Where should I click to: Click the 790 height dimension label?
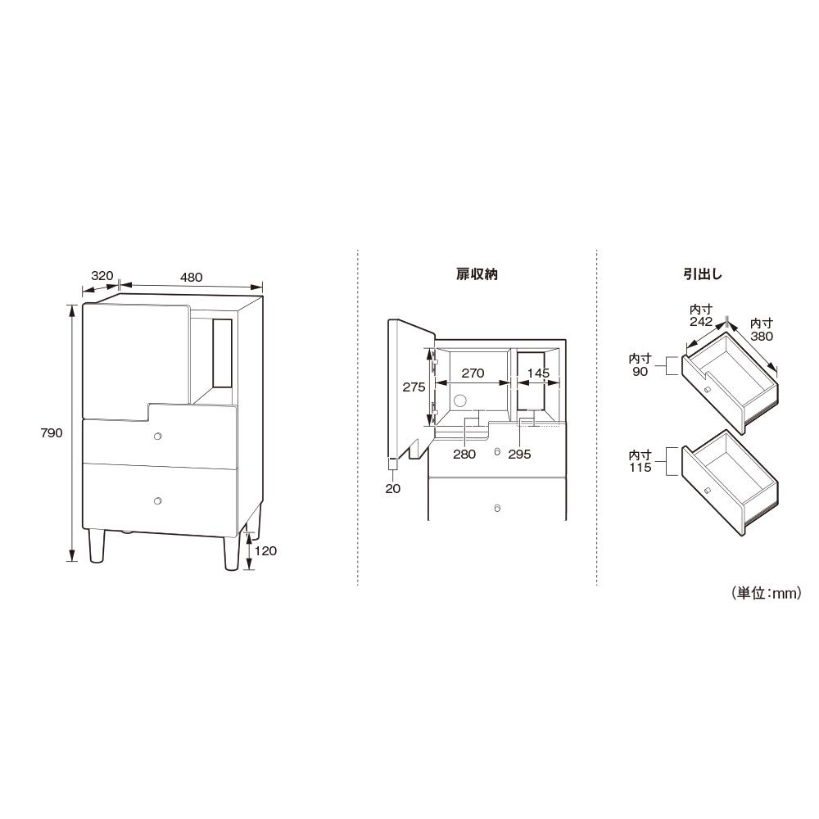click(51, 432)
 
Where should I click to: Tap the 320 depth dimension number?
click(102, 275)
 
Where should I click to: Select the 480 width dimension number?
click(191, 278)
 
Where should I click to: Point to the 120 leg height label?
click(265, 550)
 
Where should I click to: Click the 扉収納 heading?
click(477, 274)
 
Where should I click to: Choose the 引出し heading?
click(703, 274)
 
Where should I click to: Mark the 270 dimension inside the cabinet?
click(473, 373)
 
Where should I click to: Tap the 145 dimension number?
click(538, 373)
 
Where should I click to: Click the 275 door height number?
click(414, 387)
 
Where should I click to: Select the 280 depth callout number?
click(464, 454)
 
